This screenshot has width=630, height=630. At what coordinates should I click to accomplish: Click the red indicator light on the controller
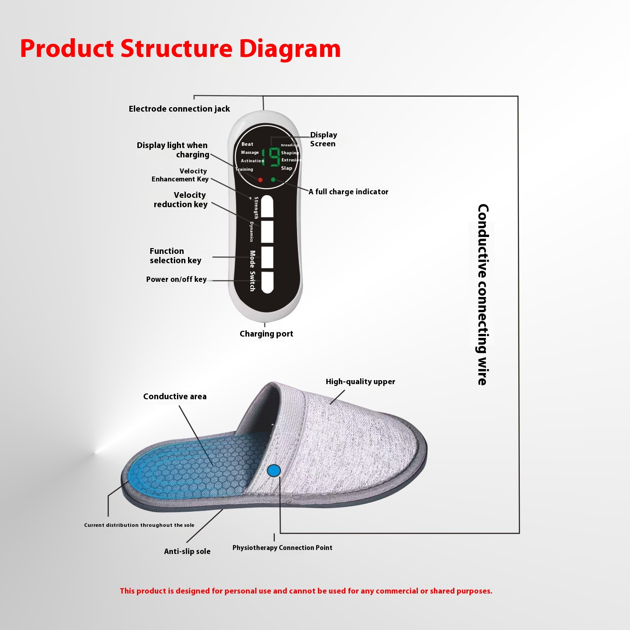coord(260,180)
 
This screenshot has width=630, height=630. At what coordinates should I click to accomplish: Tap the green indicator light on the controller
coord(273,180)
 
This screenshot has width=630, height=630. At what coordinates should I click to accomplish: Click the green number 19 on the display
coord(271,157)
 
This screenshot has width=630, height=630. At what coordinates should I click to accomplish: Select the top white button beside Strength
coord(267,207)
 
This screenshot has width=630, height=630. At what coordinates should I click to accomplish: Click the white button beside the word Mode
coord(267,257)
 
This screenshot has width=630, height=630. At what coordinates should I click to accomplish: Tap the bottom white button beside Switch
coord(267,282)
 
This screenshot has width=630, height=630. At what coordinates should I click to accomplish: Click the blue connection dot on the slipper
coord(274,471)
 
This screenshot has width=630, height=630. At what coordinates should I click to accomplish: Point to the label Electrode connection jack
coord(179,109)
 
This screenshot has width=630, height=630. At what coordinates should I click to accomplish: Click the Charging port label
coord(266,334)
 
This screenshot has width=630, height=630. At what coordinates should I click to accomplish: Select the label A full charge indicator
coord(349,192)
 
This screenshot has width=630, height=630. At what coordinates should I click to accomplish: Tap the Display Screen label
coord(323,139)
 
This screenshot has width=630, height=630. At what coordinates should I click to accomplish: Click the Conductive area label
coord(175,397)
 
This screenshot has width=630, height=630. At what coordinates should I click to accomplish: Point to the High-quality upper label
coord(360,382)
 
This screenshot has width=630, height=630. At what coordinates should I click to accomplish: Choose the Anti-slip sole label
coord(187,551)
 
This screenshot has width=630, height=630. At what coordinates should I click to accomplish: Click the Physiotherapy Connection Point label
coord(282,548)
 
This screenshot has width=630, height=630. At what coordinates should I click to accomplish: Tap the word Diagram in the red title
coord(290,49)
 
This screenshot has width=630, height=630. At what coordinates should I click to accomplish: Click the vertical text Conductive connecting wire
coord(482,295)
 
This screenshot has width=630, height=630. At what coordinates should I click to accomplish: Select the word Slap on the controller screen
coord(286,168)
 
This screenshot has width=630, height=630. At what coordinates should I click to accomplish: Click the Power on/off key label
coord(176,279)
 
